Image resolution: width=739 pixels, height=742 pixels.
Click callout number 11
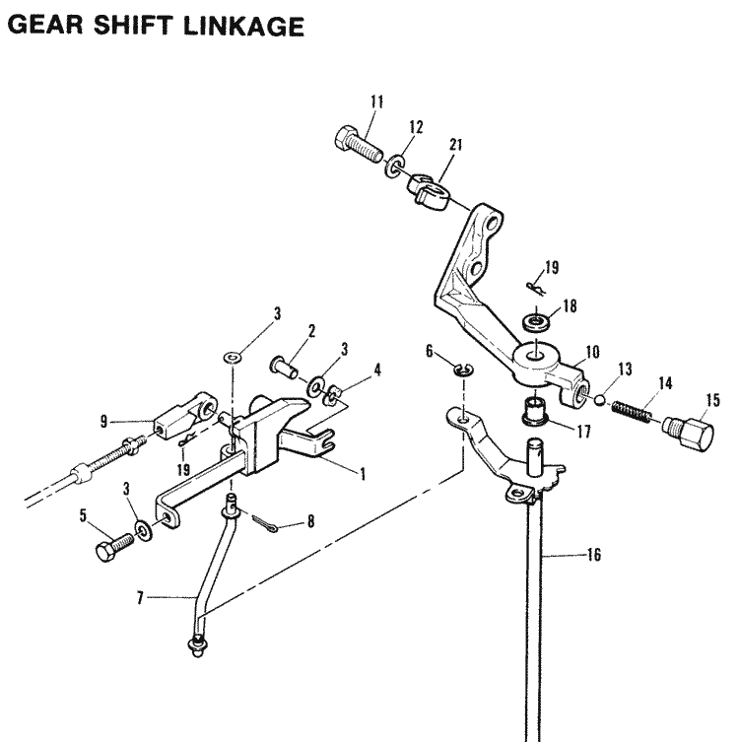(376, 101)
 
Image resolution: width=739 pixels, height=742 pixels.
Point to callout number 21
(454, 144)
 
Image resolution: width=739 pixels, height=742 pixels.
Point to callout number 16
(594, 555)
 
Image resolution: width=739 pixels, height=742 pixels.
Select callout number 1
(363, 474)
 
